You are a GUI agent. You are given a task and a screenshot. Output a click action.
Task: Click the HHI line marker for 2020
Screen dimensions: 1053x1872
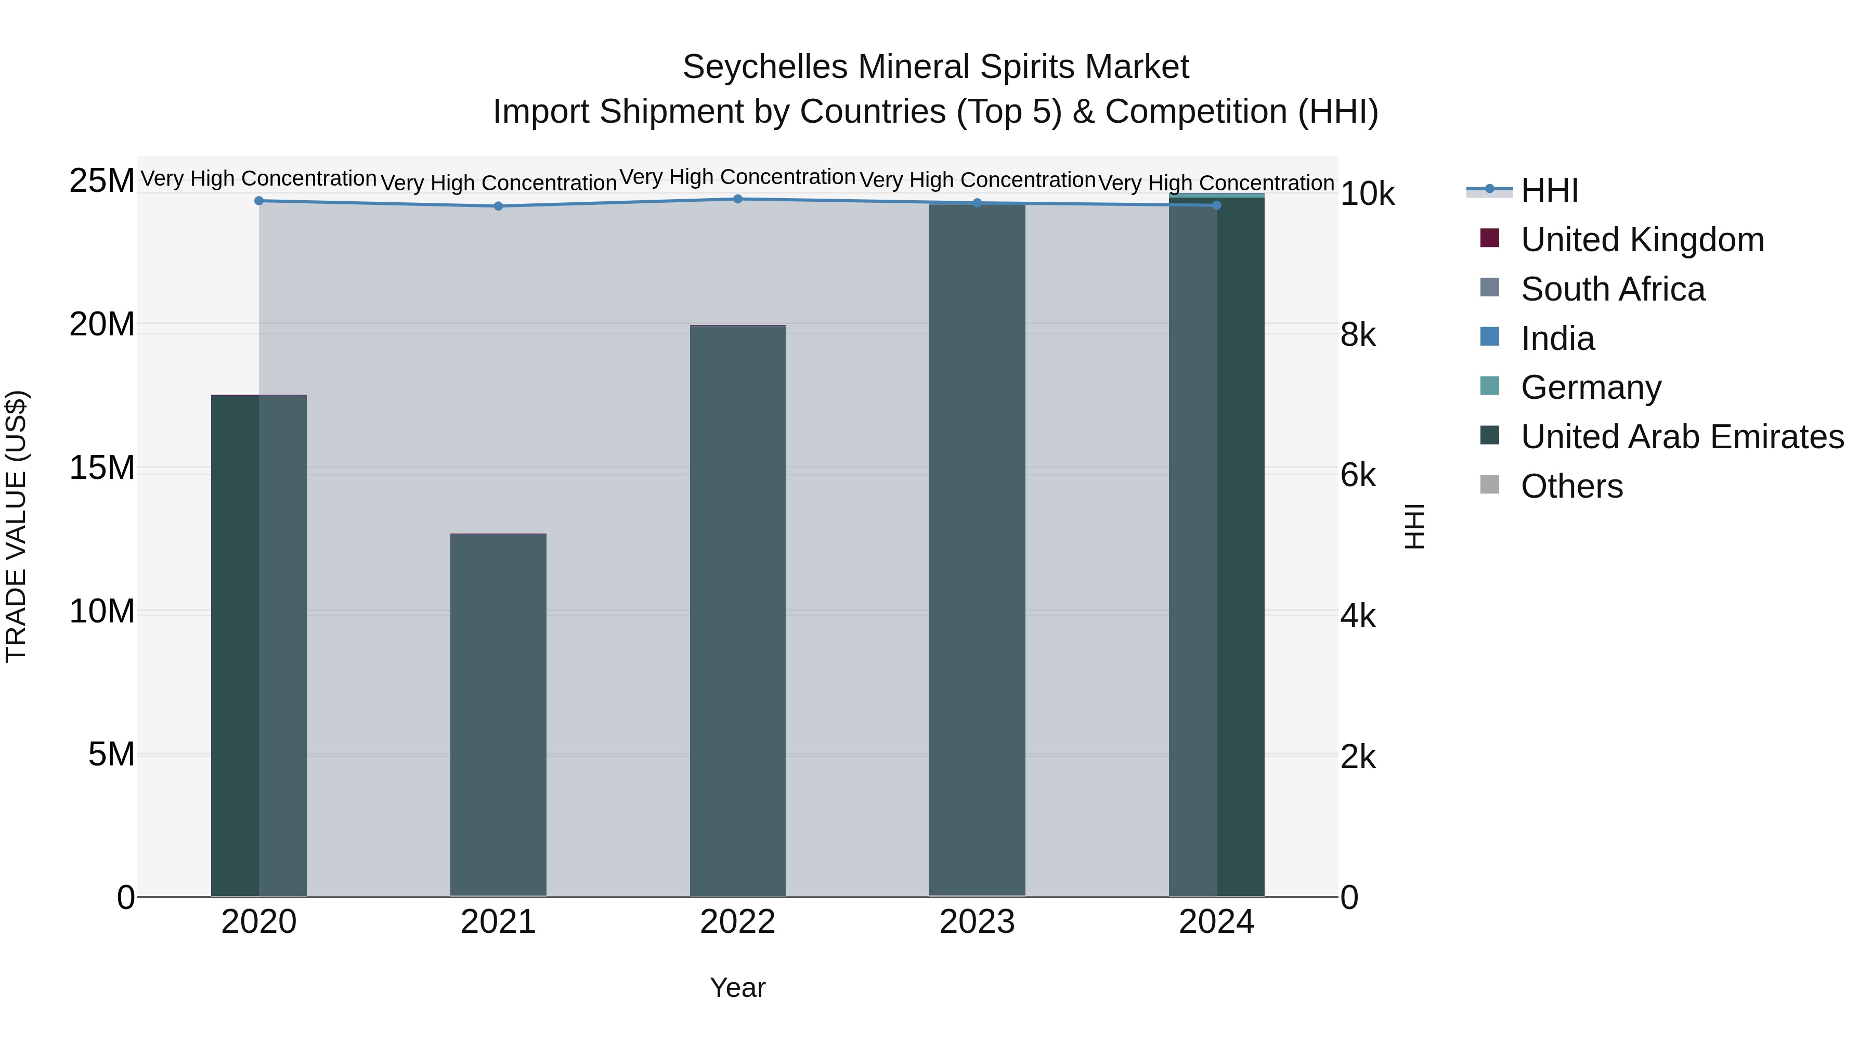(259, 201)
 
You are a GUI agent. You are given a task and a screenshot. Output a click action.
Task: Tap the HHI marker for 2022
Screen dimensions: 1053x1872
(737, 199)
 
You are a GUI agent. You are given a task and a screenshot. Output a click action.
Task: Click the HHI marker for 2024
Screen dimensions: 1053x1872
(1216, 205)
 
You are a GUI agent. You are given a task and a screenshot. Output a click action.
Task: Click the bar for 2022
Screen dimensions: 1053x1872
(737, 610)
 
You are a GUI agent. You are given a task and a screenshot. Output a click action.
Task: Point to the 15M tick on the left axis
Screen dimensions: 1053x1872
(102, 468)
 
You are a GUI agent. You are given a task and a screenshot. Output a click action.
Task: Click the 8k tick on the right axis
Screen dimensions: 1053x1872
(1358, 335)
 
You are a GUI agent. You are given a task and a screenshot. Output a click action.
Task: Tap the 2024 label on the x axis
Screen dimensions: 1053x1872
(1216, 922)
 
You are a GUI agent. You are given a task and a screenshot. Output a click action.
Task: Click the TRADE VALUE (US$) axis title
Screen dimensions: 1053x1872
(17, 526)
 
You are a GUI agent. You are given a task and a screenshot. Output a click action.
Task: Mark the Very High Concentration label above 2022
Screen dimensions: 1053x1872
(737, 177)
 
